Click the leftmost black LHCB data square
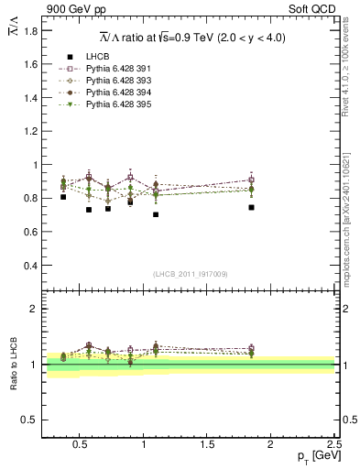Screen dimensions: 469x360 pos(63,197)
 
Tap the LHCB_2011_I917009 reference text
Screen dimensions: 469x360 pos(190,274)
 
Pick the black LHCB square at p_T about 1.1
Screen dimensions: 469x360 pos(156,214)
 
